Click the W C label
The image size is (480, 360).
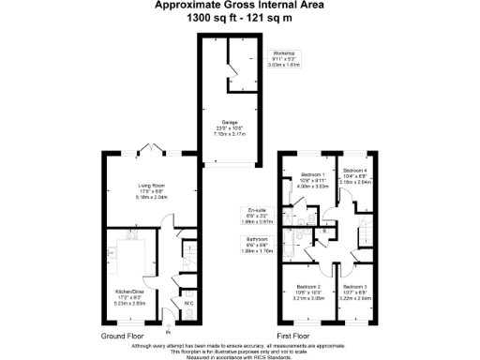[x=189, y=303]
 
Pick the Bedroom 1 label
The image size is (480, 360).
[x=312, y=174]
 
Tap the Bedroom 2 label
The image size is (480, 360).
[x=308, y=286]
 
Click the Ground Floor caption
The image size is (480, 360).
[x=122, y=334]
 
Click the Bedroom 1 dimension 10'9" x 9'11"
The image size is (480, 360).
[x=312, y=180]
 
